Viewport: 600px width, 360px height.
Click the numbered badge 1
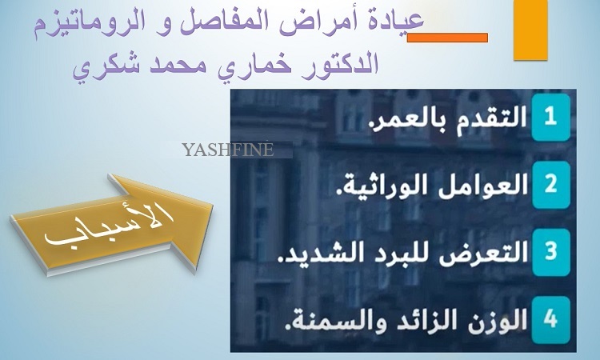pyautogui.click(x=550, y=117)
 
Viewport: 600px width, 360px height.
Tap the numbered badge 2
pyautogui.click(x=550, y=184)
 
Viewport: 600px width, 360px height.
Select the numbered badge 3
pyautogui.click(x=550, y=252)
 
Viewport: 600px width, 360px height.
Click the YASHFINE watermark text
pyautogui.click(x=228, y=150)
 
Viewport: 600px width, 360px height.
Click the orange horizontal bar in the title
pyautogui.click(x=447, y=38)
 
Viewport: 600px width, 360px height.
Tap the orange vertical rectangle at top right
pyautogui.click(x=530, y=30)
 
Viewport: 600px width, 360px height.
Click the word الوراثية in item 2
pyautogui.click(x=382, y=186)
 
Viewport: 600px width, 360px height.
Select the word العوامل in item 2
pyautogui.click(x=483, y=186)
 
